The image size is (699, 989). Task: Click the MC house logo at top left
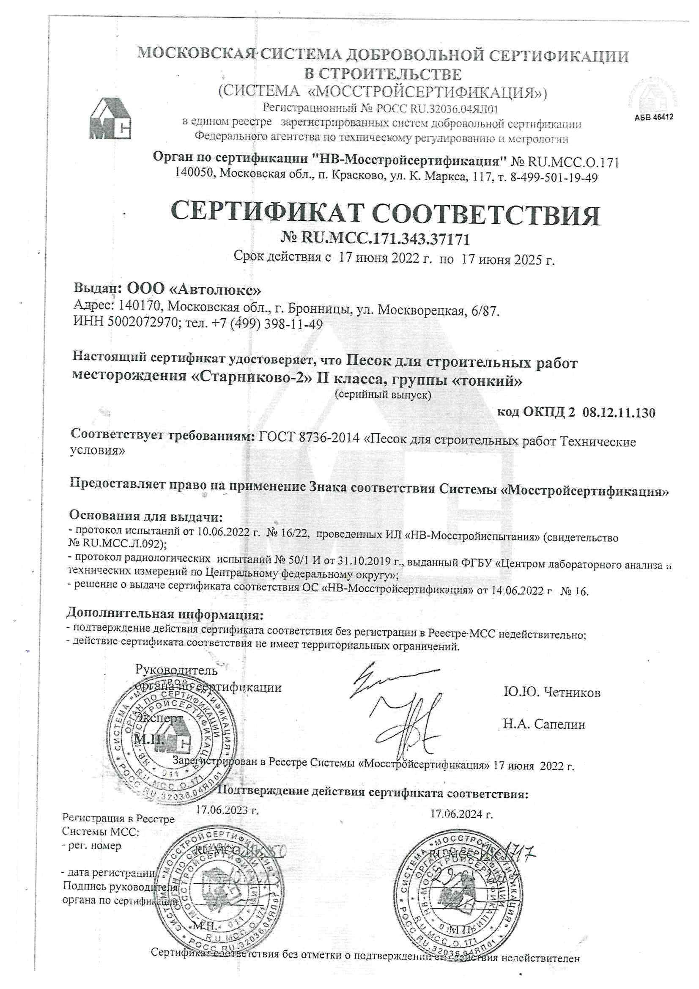pyautogui.click(x=110, y=119)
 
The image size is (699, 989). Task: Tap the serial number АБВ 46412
pyautogui.click(x=653, y=117)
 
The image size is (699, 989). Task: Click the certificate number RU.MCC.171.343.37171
pyautogui.click(x=385, y=238)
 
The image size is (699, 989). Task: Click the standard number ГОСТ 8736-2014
pyautogui.click(x=309, y=438)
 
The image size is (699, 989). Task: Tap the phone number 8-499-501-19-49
pyautogui.click(x=554, y=177)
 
